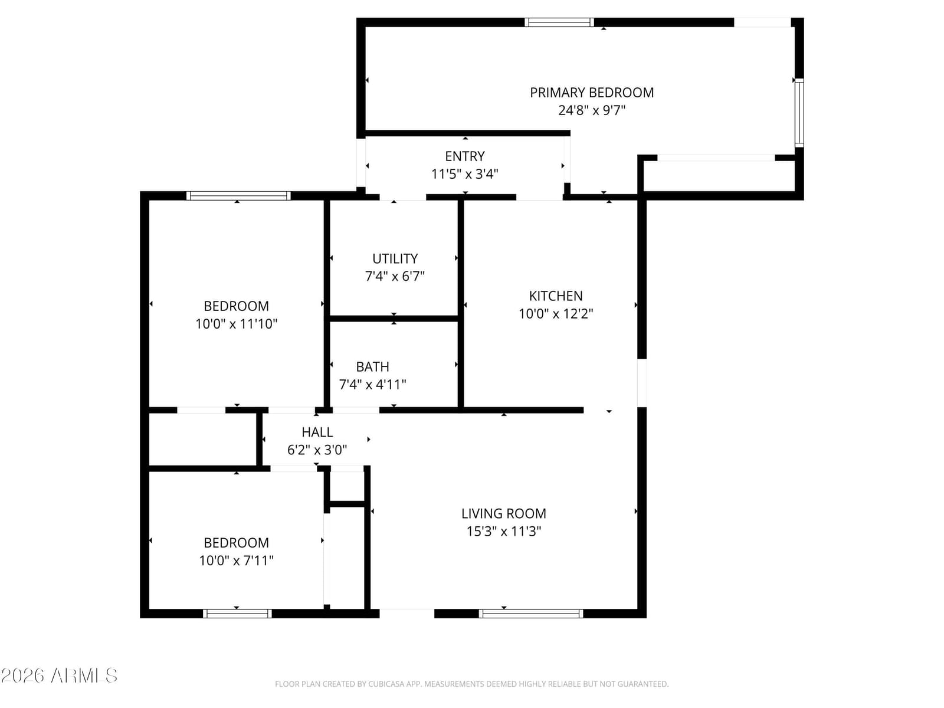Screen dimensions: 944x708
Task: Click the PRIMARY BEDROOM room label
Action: (x=591, y=93)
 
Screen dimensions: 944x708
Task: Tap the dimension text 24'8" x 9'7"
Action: (x=591, y=110)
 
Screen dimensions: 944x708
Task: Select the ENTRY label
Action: (x=464, y=156)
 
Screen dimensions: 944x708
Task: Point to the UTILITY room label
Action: (x=395, y=258)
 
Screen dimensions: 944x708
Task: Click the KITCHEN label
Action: (x=556, y=296)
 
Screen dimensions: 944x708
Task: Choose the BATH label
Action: (x=372, y=366)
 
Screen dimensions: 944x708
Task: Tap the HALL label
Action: (x=317, y=432)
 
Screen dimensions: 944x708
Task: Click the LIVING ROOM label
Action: (x=504, y=513)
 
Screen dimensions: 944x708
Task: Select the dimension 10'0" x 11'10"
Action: (x=236, y=324)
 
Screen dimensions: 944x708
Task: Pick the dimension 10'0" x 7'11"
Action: (x=236, y=560)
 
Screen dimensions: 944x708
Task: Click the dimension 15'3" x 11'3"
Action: (x=504, y=532)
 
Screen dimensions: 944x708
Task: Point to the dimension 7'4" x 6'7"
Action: (x=395, y=276)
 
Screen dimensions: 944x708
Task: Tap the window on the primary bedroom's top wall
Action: (x=559, y=22)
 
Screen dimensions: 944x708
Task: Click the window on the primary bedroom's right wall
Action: (x=799, y=113)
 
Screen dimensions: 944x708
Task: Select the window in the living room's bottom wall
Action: (x=531, y=614)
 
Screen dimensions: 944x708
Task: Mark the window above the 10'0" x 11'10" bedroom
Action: (x=238, y=196)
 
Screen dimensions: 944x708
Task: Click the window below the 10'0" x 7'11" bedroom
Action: (x=237, y=614)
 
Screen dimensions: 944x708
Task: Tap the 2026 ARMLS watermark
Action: (x=59, y=676)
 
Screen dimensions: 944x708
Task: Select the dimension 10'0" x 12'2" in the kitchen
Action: (x=556, y=314)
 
